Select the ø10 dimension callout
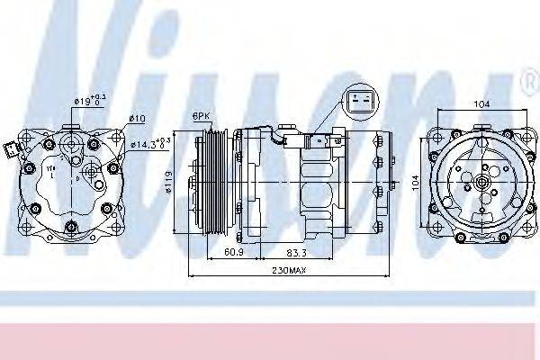tap(137, 118)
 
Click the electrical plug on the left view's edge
tap(11, 148)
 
